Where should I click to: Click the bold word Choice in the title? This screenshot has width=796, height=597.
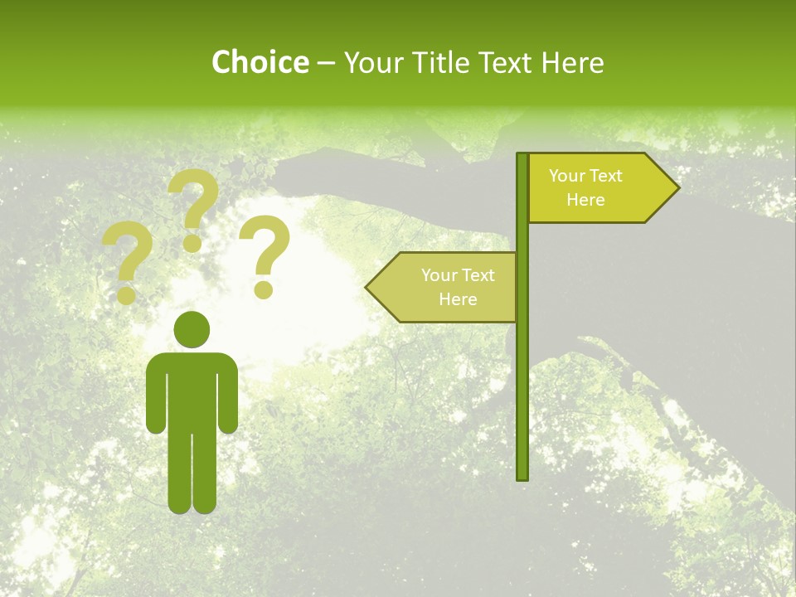click(260, 62)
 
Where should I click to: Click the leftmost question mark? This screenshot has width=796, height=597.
click(128, 261)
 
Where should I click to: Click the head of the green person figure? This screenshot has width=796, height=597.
click(192, 330)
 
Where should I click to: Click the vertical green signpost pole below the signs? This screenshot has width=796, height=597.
click(522, 398)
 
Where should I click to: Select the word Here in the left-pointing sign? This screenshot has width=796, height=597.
click(458, 299)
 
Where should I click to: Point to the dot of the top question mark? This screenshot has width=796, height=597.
click(192, 244)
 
